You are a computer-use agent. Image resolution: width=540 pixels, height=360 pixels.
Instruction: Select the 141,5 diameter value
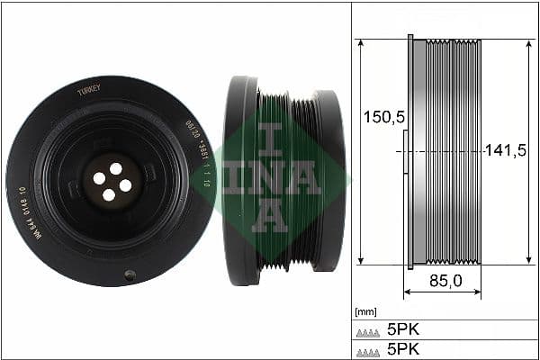click(505, 151)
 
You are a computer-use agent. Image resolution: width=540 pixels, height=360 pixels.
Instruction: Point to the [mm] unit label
click(366, 312)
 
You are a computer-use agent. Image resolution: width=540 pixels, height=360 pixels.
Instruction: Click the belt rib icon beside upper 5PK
click(368, 330)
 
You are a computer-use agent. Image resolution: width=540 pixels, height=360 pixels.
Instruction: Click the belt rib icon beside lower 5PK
click(368, 349)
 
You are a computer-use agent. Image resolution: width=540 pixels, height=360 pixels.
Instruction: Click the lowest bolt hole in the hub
click(108, 194)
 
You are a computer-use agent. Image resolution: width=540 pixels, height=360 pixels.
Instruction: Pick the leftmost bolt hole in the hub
click(98, 178)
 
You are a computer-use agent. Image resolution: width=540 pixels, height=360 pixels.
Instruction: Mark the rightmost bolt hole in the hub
click(125, 185)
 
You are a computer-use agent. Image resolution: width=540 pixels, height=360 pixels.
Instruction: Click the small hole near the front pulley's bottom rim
click(130, 274)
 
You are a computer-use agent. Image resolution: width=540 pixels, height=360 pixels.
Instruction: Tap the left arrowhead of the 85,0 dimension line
click(407, 292)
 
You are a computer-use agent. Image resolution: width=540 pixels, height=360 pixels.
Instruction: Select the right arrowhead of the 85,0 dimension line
click(478, 292)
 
